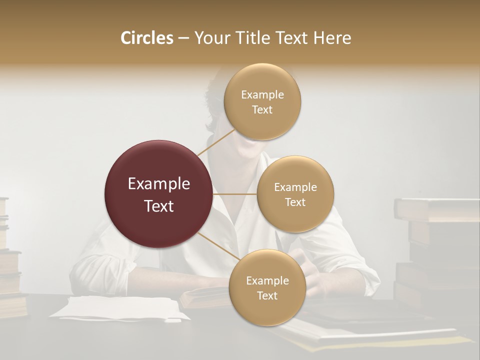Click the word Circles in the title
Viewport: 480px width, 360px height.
[x=146, y=38]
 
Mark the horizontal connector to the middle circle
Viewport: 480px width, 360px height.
[x=235, y=194]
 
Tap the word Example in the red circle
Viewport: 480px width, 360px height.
[x=159, y=183]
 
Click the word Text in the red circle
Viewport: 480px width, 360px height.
[x=159, y=206]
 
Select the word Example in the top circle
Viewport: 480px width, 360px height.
[x=262, y=95]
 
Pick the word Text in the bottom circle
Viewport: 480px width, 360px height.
[x=267, y=296]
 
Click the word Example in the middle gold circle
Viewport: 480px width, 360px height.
[x=295, y=187]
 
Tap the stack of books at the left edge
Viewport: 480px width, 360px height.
[x=9, y=260]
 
